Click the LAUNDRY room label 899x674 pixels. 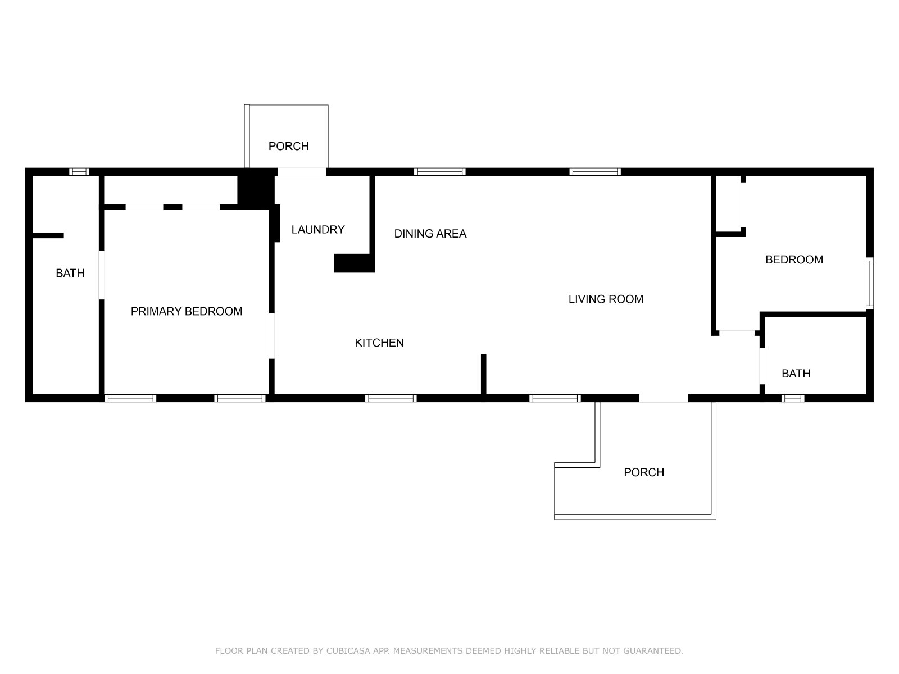[x=318, y=230]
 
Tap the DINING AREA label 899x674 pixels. [x=430, y=234]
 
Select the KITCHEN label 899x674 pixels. [x=379, y=343]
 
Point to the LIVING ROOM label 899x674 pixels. [x=606, y=299]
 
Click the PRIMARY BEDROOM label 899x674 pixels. [x=187, y=311]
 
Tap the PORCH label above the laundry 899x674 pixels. [x=288, y=146]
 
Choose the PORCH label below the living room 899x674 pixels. [x=644, y=472]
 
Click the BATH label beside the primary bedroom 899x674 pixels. [x=70, y=273]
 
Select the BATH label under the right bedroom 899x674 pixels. [x=796, y=373]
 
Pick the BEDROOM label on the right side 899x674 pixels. [x=794, y=259]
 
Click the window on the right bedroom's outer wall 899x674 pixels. [x=870, y=283]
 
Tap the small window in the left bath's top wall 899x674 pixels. [x=79, y=171]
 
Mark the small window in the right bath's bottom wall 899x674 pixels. [x=792, y=398]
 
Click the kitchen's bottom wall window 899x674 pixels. [x=391, y=398]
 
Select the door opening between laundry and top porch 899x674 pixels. [x=302, y=172]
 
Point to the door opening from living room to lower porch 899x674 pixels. [x=664, y=398]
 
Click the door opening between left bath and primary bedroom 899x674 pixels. [x=101, y=275]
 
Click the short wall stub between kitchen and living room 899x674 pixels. [x=483, y=375]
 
